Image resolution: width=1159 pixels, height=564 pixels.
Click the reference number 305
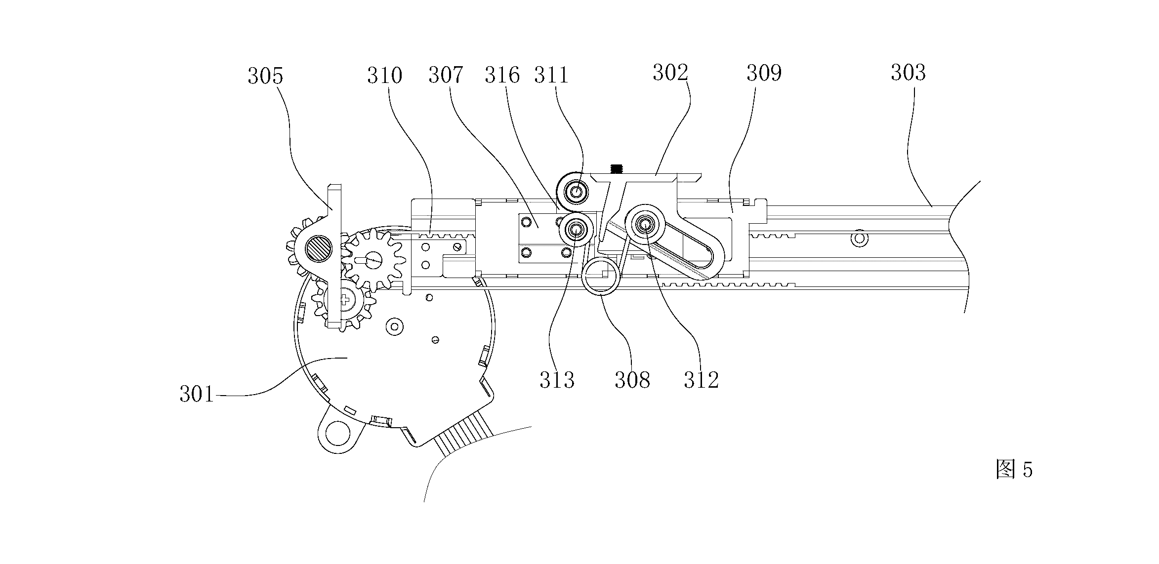(265, 77)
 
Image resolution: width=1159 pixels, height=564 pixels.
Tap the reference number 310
(385, 76)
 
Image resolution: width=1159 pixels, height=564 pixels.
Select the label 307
(446, 75)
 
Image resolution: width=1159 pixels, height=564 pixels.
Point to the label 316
(502, 75)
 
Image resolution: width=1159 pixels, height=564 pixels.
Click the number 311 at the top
(552, 75)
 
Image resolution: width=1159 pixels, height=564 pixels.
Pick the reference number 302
(670, 73)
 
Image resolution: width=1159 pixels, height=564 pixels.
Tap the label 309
(764, 73)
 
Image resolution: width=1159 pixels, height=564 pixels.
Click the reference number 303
(909, 73)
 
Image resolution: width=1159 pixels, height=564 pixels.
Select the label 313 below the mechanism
(557, 380)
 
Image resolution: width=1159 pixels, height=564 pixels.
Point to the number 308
(632, 380)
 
